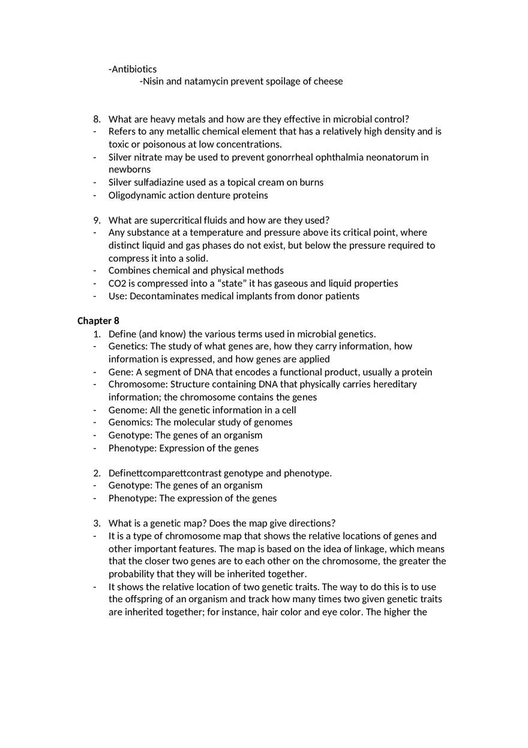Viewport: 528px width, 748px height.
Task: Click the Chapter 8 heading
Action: [98, 321]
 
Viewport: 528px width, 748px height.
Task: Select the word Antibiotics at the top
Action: [134, 69]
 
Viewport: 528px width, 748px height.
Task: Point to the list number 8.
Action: [97, 119]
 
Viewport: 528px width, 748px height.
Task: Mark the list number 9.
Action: [97, 220]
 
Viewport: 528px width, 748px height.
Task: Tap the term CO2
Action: [118, 283]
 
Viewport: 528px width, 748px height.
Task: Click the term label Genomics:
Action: [131, 422]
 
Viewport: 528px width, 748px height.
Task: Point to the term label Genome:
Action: [128, 410]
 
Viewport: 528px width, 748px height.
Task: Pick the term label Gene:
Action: [121, 372]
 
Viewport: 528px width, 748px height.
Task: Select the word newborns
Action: [130, 169]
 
